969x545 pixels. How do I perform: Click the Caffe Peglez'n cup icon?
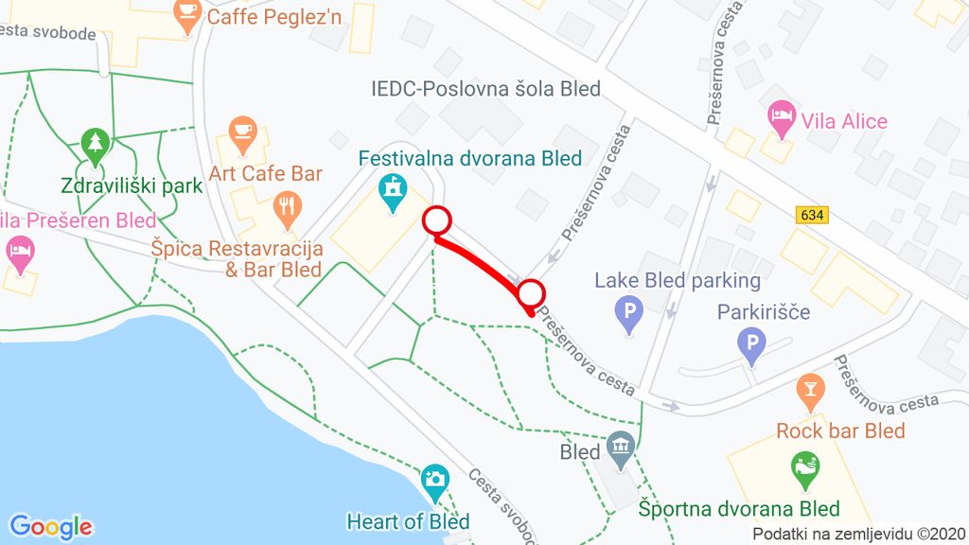(x=187, y=13)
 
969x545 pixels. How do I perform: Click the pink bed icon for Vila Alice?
(x=781, y=116)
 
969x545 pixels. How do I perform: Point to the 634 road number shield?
(x=812, y=216)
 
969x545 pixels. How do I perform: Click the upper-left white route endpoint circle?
(x=435, y=220)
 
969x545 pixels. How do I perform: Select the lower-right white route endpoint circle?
(x=532, y=293)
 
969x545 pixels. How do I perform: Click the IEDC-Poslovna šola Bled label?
(x=485, y=89)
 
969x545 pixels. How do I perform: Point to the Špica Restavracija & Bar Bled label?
(x=237, y=259)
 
